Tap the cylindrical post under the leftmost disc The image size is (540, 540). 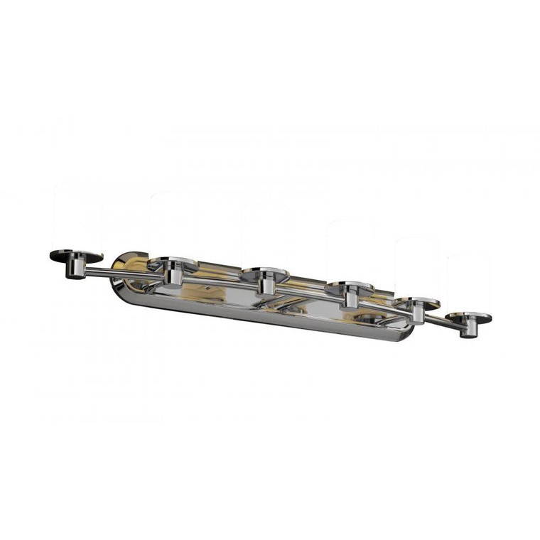pyautogui.click(x=75, y=269)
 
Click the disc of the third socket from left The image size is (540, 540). pyautogui.click(x=264, y=273)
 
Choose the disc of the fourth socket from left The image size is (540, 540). pyautogui.click(x=350, y=287)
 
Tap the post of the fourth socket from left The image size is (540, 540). pyautogui.click(x=350, y=298)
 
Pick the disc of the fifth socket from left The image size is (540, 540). pyautogui.click(x=416, y=303)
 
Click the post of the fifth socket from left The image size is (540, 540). pyautogui.click(x=416, y=313)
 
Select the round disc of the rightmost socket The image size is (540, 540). pyautogui.click(x=469, y=316)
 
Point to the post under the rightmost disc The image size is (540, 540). pyautogui.click(x=467, y=329)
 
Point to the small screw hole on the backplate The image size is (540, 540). pyautogui.click(x=206, y=289)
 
